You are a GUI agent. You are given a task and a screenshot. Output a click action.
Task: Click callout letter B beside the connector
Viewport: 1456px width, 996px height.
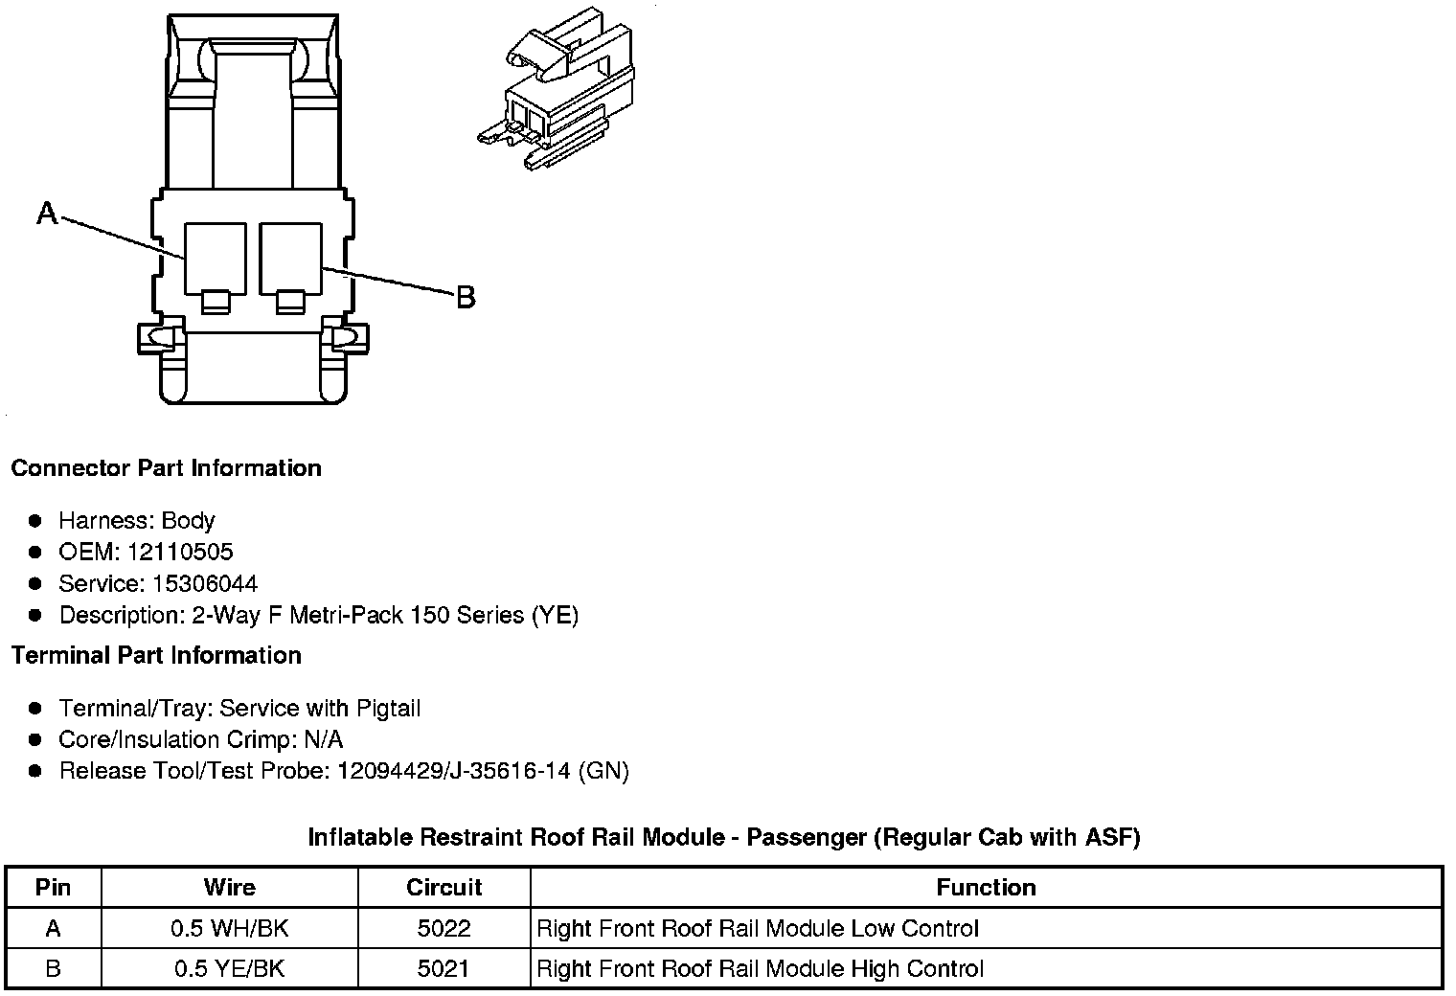[x=466, y=298]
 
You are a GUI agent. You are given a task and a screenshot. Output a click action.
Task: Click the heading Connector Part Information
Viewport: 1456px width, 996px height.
[x=166, y=468]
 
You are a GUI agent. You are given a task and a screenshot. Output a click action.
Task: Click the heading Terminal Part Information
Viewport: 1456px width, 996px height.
[x=156, y=655]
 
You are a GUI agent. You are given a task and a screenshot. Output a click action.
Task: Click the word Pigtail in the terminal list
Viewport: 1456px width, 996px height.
[x=388, y=709]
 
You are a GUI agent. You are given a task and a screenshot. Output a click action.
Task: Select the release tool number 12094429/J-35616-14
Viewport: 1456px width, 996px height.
[x=454, y=771]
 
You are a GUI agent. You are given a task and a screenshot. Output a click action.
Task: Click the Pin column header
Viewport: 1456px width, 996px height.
[x=53, y=887]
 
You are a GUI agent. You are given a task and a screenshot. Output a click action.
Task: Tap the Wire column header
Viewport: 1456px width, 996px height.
[x=230, y=887]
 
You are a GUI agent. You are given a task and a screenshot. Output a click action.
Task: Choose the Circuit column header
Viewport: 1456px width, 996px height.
[x=444, y=887]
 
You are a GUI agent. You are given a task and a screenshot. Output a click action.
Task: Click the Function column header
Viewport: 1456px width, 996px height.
[x=986, y=887]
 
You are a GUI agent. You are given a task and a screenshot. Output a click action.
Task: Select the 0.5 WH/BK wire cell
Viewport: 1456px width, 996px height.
[x=230, y=928]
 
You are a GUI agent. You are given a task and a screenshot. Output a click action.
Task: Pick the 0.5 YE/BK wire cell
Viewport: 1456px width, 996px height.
[x=230, y=968]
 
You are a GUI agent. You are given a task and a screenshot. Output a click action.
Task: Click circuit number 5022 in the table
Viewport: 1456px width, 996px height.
[x=444, y=928]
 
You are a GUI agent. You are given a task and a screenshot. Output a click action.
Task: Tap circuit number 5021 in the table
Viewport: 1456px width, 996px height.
[x=444, y=968]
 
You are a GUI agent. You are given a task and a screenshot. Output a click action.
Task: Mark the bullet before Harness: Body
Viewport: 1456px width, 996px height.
[x=35, y=521]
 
